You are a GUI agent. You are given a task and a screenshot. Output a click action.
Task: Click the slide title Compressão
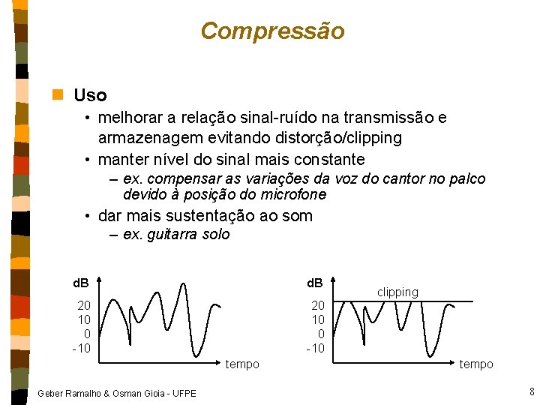[272, 31]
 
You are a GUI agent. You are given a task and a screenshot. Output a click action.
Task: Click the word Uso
[90, 96]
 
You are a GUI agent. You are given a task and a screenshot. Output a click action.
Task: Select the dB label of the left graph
[80, 283]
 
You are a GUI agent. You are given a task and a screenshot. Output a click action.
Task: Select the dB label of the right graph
[314, 283]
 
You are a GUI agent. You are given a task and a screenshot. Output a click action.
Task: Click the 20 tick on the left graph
[84, 305]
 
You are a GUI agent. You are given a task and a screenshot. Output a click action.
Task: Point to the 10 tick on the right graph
[318, 319]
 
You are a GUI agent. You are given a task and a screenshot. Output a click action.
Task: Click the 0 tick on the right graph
[321, 334]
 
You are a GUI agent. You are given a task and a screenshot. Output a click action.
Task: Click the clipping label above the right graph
[397, 292]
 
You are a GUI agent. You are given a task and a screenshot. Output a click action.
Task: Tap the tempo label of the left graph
[242, 364]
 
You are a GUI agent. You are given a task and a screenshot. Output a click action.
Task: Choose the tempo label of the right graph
[476, 364]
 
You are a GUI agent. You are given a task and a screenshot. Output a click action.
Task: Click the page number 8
[531, 391]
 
